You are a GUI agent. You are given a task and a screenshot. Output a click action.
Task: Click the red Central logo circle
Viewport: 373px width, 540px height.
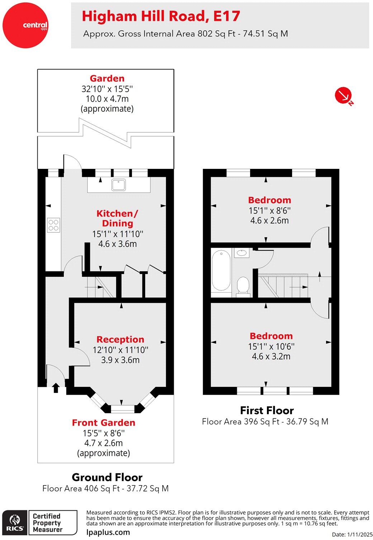click(25, 25)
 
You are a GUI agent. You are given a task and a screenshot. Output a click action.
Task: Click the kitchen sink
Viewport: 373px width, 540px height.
click(118, 185)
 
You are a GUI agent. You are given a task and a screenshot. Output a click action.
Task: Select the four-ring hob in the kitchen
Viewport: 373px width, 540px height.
click(53, 225)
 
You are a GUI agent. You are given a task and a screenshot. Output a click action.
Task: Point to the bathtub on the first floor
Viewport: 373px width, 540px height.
click(221, 271)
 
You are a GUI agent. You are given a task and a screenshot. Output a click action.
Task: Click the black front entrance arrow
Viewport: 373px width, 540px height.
click(56, 388)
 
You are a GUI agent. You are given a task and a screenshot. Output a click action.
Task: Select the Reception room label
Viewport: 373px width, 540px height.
click(120, 339)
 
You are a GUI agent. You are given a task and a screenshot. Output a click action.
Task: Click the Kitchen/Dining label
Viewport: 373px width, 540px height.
click(117, 218)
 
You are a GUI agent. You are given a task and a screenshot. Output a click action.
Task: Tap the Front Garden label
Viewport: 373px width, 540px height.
click(104, 422)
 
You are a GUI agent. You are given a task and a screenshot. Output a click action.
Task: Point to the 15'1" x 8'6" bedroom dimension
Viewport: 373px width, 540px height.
click(269, 210)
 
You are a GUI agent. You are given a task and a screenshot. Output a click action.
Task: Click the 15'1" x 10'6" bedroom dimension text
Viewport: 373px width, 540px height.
click(271, 346)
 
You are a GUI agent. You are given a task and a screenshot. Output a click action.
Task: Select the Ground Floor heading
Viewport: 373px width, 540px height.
click(107, 477)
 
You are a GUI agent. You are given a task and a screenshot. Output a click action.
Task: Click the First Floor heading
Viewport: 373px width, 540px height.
click(267, 410)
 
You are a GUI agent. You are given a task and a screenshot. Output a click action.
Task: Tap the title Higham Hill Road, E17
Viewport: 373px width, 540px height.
click(161, 16)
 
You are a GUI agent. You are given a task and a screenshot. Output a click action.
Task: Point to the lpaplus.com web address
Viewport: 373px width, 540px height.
click(108, 532)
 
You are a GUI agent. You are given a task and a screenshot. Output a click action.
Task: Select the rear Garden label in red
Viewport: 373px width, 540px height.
click(107, 78)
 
